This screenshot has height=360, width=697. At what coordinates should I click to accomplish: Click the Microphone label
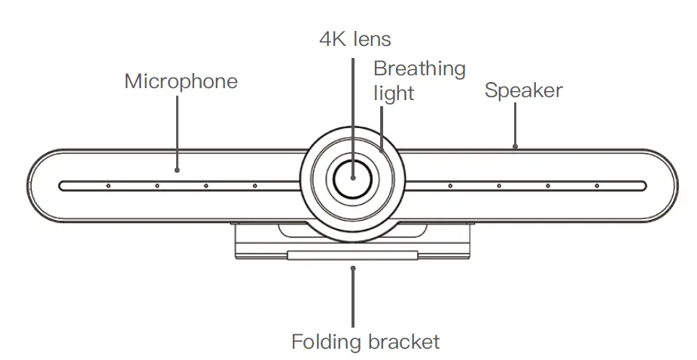[x=181, y=81]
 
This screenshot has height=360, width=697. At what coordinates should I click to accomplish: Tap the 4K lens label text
[x=355, y=38]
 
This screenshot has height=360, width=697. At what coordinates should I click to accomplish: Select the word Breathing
[x=419, y=69]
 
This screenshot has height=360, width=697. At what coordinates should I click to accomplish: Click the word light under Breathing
[x=394, y=93]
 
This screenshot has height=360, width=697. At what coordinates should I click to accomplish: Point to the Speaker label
[x=523, y=91]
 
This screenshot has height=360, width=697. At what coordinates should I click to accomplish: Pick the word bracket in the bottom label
[x=404, y=342]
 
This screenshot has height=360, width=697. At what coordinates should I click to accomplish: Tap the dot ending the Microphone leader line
[x=178, y=169]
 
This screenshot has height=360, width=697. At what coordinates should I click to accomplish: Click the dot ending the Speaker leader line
[x=515, y=147]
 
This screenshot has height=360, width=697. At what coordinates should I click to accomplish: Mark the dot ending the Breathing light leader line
[x=382, y=148]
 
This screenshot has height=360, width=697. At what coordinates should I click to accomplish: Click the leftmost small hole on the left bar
[x=108, y=185]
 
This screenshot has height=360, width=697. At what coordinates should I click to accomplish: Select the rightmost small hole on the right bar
[x=597, y=185]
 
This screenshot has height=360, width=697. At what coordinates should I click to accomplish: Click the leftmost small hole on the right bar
[x=450, y=185]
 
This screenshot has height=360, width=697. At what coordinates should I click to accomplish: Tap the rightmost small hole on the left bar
[x=254, y=185]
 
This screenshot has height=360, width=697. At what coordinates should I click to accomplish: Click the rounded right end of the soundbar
[x=666, y=185]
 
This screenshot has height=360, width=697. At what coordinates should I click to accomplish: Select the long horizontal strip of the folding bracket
[x=352, y=255]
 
